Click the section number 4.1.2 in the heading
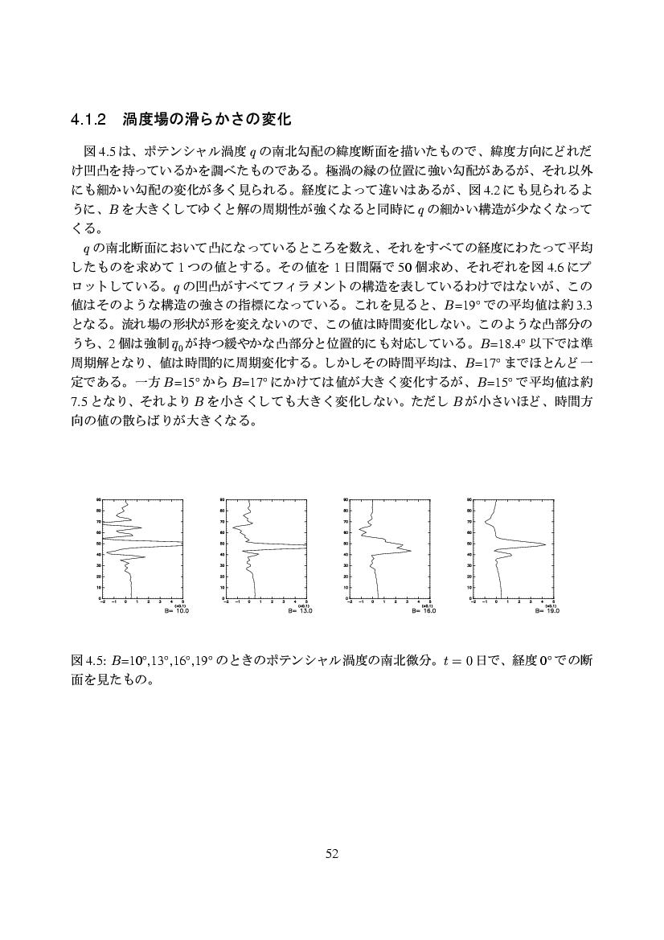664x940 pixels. tap(89, 121)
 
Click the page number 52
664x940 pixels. tap(331, 854)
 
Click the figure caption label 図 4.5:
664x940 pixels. tap(89, 661)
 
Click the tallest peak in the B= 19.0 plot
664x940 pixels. tap(545, 544)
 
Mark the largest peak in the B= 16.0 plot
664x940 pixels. tap(411, 551)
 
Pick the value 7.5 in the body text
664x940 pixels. tap(80, 400)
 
